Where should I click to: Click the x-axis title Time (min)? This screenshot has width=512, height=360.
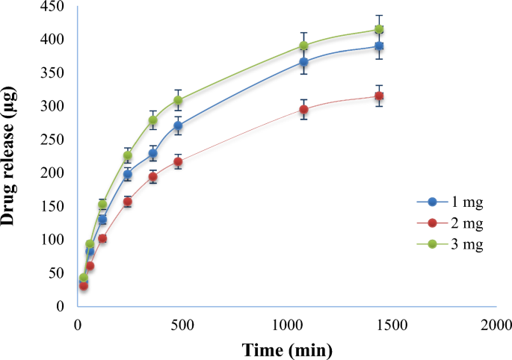click(287, 349)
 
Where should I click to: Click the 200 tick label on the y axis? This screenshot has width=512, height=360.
click(53, 173)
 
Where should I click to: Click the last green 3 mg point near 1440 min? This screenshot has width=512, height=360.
click(379, 30)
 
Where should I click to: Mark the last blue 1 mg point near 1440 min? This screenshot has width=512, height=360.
click(379, 46)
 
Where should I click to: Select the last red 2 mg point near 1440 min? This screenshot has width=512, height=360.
click(379, 96)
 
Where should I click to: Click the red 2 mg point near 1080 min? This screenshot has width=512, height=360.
click(303, 110)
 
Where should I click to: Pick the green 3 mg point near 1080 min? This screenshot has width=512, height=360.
click(303, 46)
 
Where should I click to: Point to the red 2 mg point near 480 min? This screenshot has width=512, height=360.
click(178, 162)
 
